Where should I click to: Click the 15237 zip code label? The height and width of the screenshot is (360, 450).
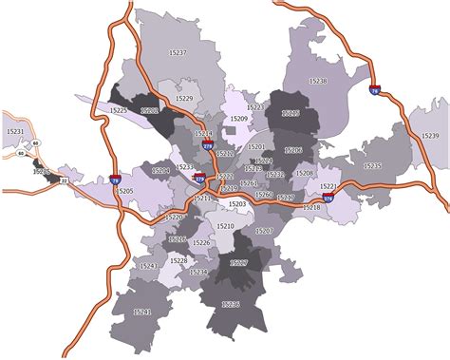coord(178,52)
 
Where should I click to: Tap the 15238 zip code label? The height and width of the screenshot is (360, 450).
coord(318,82)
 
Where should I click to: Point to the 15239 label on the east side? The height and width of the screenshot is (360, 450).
coord(429,137)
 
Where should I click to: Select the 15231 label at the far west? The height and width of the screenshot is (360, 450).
coord(15,130)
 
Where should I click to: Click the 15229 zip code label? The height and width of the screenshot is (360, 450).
coord(183,99)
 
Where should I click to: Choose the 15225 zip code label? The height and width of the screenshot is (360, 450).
coord(118,110)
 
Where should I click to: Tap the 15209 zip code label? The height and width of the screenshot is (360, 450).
coord(238,119)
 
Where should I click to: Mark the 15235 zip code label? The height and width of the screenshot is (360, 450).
coord(372,166)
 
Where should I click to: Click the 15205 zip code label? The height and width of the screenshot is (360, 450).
coord(124,190)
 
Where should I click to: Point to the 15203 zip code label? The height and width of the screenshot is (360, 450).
coord(237,204)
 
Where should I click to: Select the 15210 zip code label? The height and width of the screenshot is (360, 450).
coord(225,226)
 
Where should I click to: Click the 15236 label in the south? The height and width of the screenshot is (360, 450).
coord(231,304)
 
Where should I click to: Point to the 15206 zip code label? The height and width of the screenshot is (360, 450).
coord(293,150)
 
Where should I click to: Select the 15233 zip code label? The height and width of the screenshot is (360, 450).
coord(185,166)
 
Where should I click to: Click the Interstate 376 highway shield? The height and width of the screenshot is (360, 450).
coord(328,198)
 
